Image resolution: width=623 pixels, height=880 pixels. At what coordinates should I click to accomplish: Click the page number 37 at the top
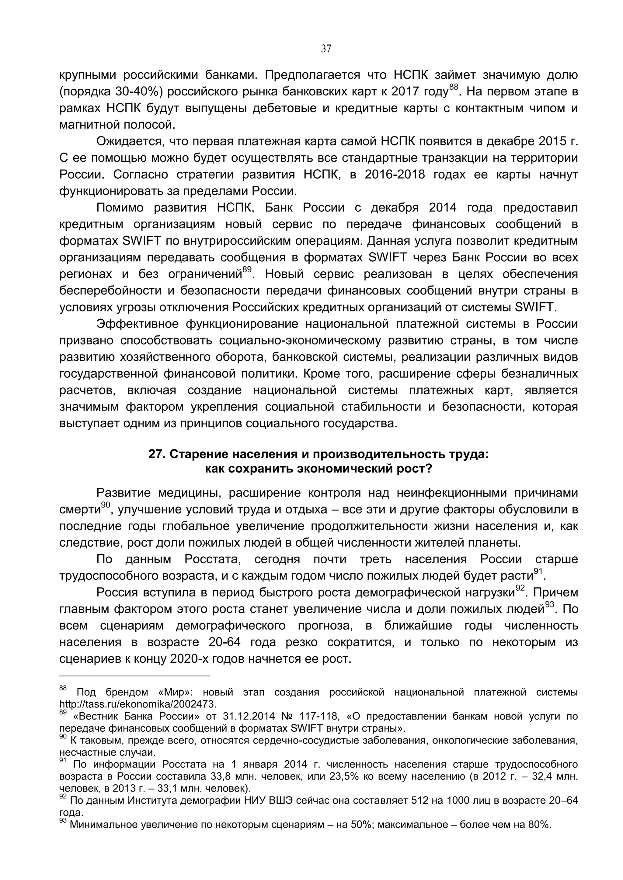pos(326,49)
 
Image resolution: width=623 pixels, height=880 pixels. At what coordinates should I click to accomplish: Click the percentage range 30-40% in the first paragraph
pos(135,92)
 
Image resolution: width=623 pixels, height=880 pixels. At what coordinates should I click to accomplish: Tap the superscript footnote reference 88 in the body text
pos(454,88)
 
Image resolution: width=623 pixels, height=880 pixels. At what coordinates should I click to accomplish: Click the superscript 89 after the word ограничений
pos(247,270)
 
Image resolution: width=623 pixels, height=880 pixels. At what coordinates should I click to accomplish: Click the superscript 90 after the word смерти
pos(105,505)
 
